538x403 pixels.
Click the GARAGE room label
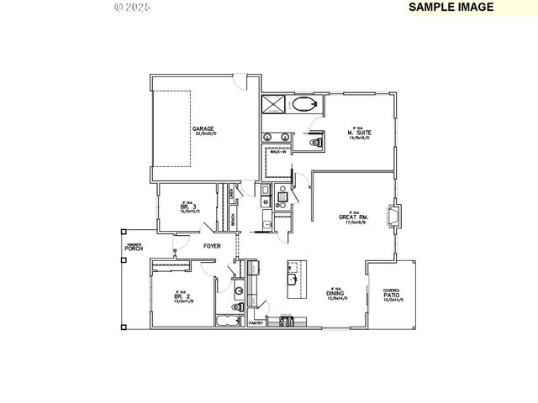(x=204, y=129)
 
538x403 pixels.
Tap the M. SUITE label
(x=359, y=133)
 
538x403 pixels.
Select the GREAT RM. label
(x=350, y=217)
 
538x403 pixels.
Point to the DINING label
(x=336, y=295)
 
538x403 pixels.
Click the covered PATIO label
(x=392, y=296)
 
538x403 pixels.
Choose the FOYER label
(x=212, y=246)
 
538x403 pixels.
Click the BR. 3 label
(x=189, y=207)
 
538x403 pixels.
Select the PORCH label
(x=133, y=249)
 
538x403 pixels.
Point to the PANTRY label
(x=256, y=322)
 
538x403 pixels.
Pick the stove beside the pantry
(x=287, y=322)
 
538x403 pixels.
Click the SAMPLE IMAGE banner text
(x=446, y=7)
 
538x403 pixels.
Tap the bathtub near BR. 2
(x=228, y=322)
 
